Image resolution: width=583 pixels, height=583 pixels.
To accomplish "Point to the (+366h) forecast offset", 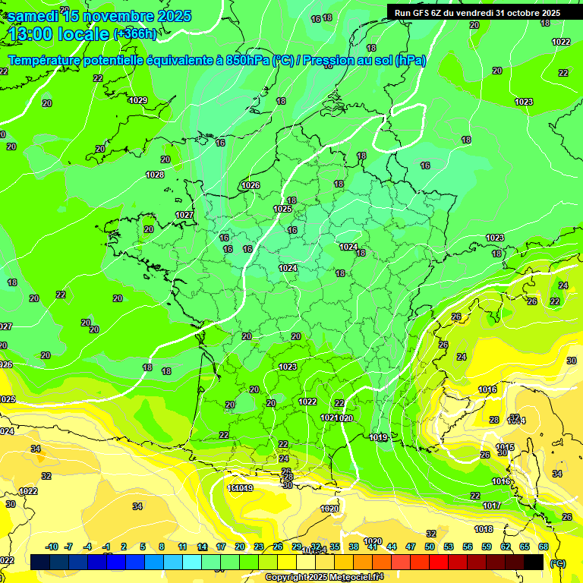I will tap(134, 33).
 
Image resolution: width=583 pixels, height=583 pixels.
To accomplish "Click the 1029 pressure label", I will tap(138, 100).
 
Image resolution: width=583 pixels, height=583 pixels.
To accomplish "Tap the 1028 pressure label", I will tap(155, 175).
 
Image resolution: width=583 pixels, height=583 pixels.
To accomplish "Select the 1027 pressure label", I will tap(184, 215).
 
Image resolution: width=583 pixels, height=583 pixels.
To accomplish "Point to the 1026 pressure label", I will tap(251, 185).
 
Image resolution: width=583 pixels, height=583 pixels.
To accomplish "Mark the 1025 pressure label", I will tap(282, 209).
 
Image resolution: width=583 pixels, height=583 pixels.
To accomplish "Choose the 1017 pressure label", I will tap(491, 506).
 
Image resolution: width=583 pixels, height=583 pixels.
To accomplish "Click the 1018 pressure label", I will tap(484, 529).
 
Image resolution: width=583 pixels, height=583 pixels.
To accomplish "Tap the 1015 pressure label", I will tap(505, 446).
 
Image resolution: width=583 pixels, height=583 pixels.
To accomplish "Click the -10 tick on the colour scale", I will tap(52, 547).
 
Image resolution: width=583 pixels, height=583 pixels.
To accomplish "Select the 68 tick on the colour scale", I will tap(544, 547).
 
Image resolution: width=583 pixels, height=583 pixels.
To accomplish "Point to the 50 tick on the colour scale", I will tap(430, 547).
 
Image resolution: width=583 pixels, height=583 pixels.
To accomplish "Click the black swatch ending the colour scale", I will tap(534, 562).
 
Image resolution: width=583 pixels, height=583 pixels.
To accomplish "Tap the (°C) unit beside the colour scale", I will tap(557, 563).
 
